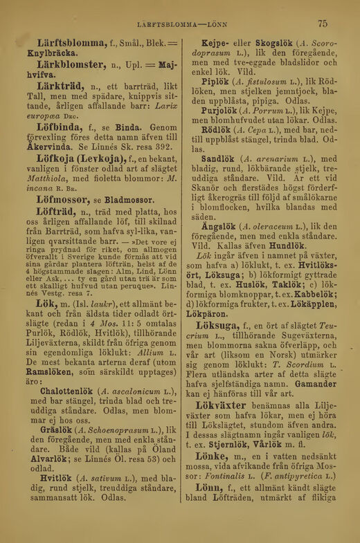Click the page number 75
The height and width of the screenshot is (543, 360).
point(323,24)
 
